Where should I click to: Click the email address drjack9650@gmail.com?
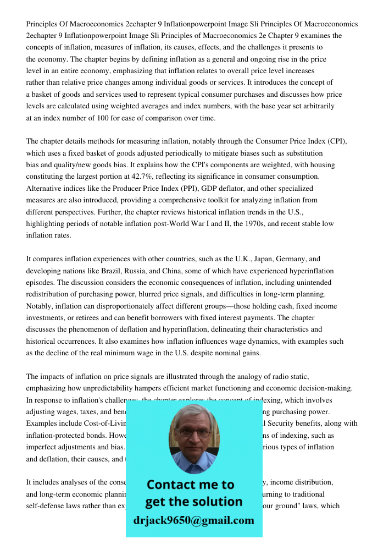point(194,520)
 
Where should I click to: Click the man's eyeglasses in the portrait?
point(193,433)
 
